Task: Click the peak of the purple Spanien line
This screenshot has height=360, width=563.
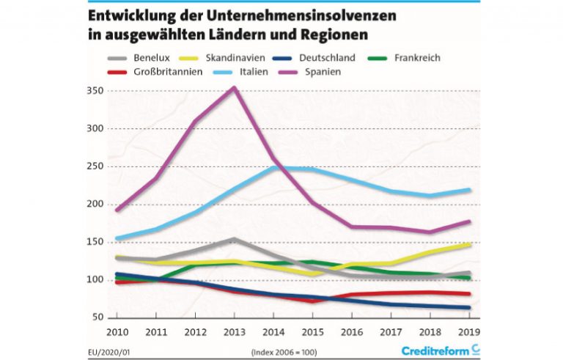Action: (234, 88)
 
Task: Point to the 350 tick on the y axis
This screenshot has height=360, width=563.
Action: (96, 91)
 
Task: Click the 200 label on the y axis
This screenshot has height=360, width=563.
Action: (96, 204)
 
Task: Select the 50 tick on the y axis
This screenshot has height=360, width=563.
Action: (98, 317)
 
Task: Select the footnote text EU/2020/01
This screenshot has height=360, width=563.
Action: (109, 350)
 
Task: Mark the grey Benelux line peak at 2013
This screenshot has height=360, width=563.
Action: (234, 239)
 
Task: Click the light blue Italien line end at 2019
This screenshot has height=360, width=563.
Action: (468, 190)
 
